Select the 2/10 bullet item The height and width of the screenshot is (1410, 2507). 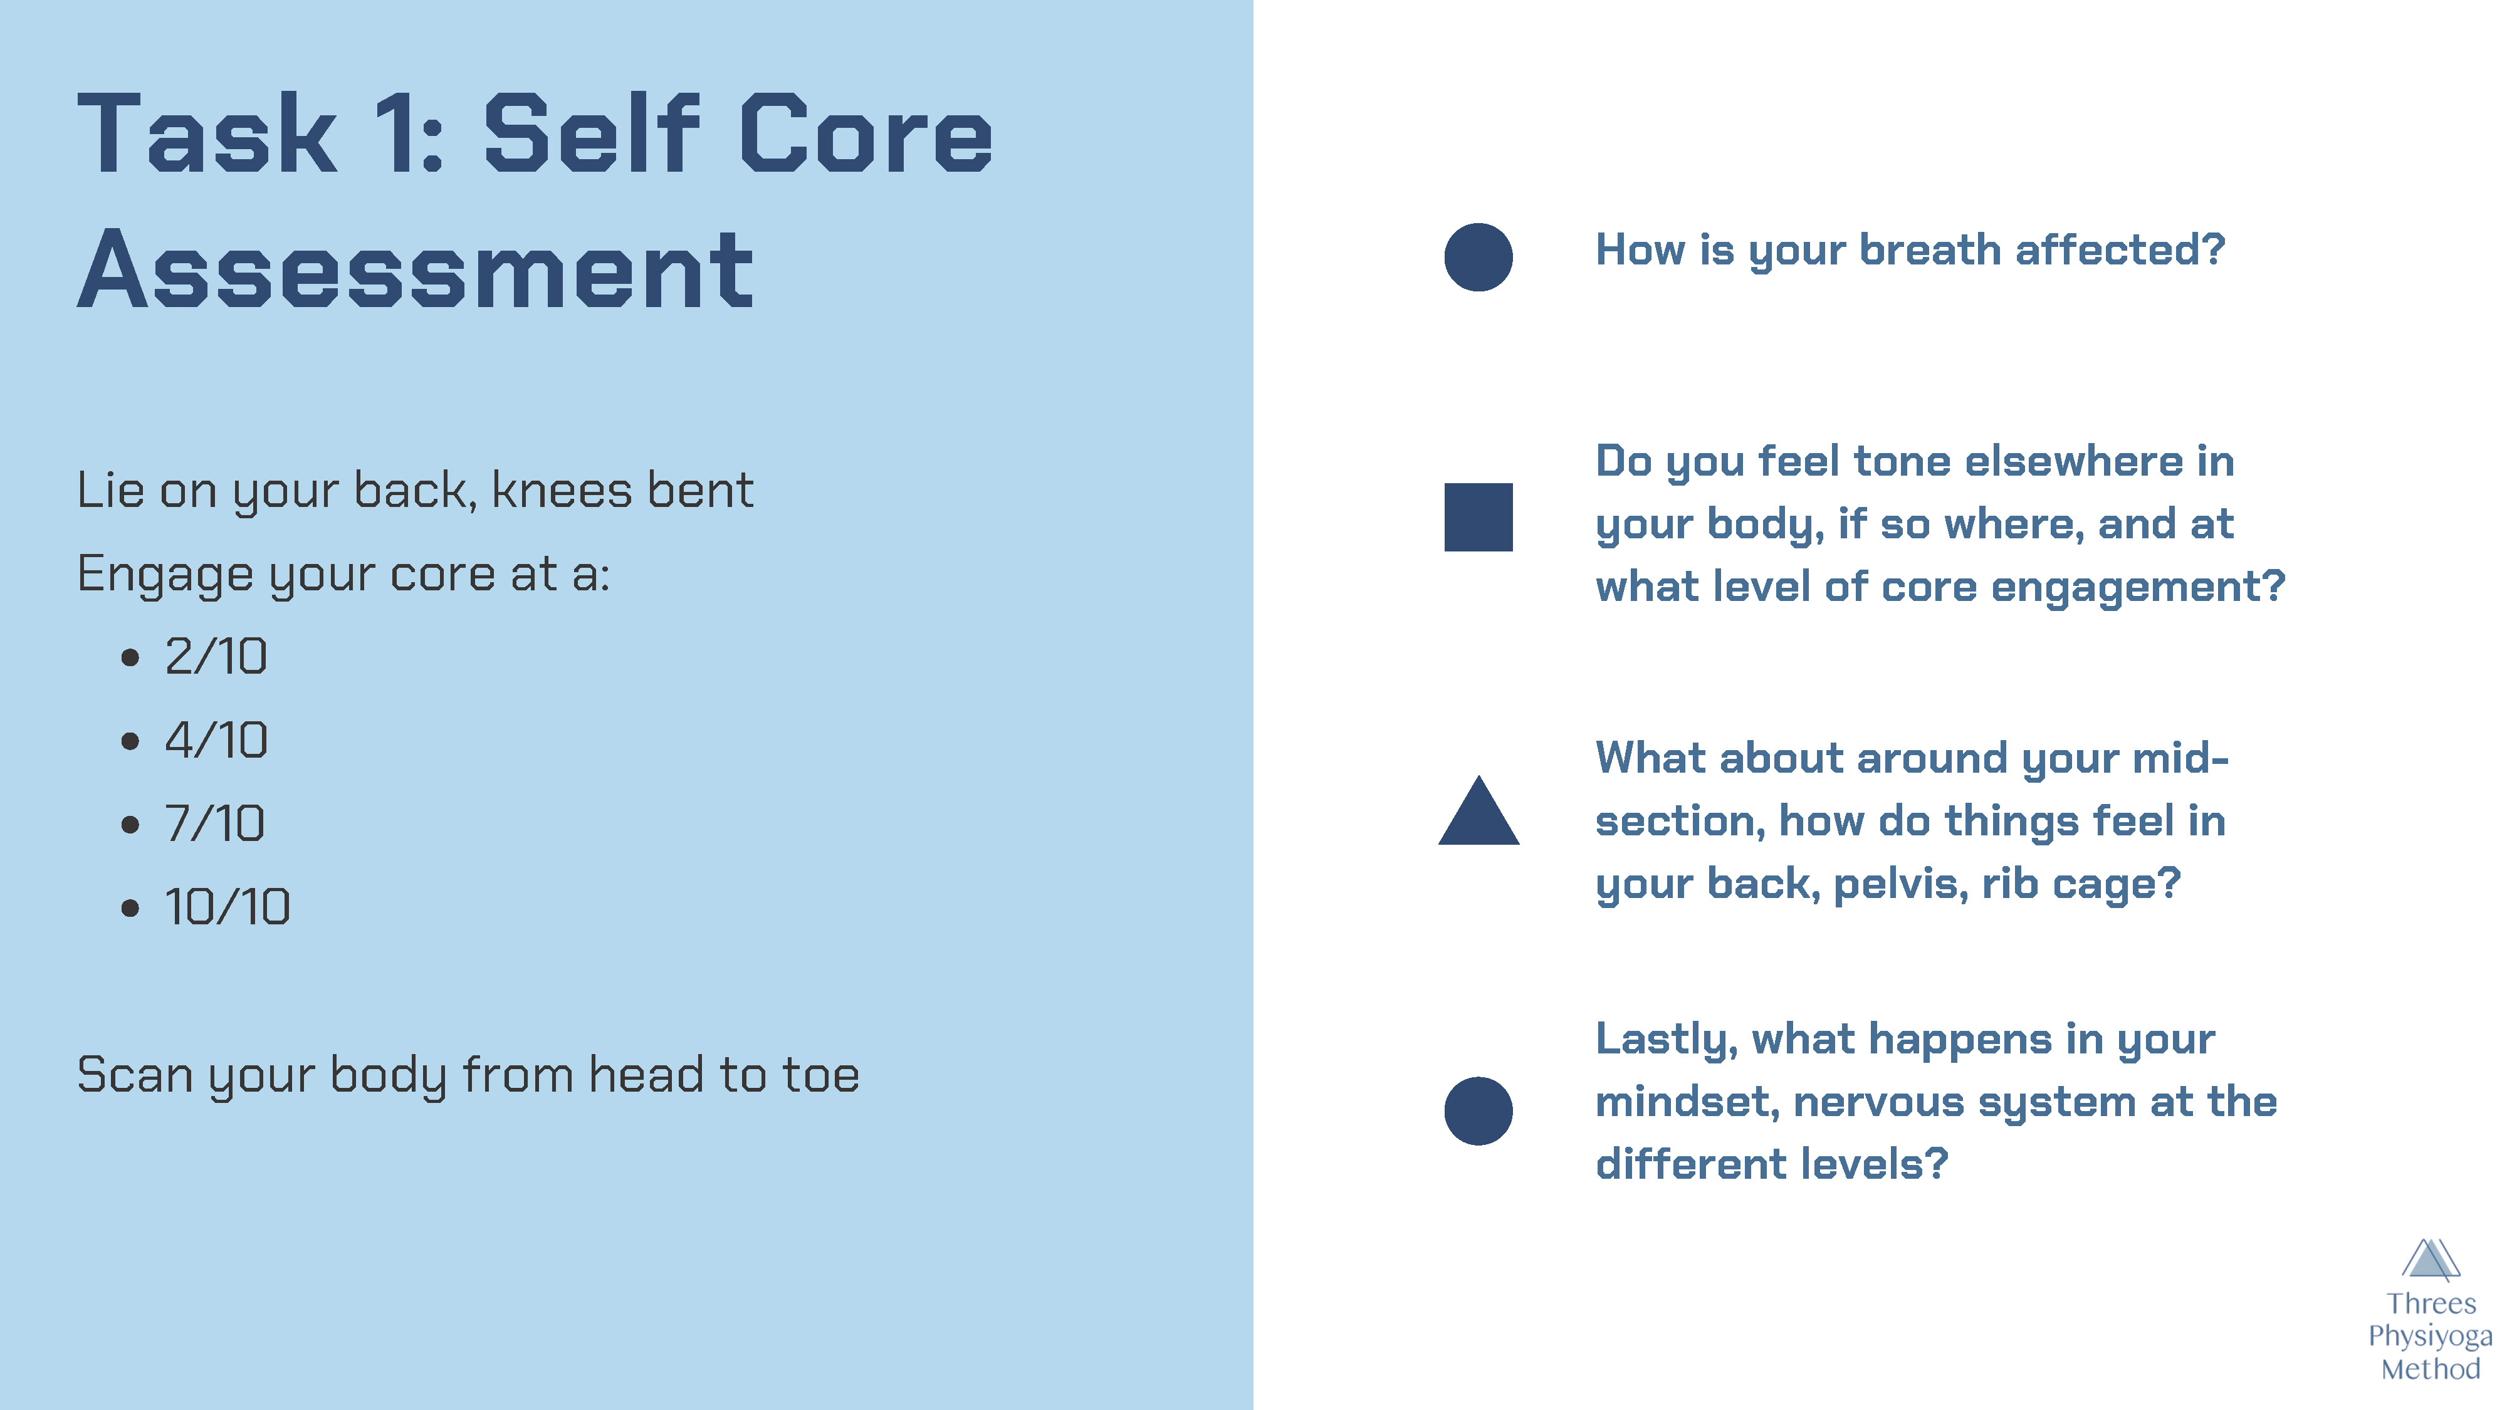[215, 656]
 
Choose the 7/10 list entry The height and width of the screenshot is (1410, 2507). [214, 823]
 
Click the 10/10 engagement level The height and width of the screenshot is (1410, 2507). [227, 907]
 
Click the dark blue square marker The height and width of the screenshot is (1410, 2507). [1479, 517]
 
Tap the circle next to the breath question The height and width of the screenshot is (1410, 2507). [1479, 257]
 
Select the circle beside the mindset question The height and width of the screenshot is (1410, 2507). [1479, 1111]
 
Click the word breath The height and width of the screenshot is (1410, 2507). [1930, 250]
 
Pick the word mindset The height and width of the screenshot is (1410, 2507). [1688, 1102]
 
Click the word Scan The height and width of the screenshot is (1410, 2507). [134, 1075]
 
